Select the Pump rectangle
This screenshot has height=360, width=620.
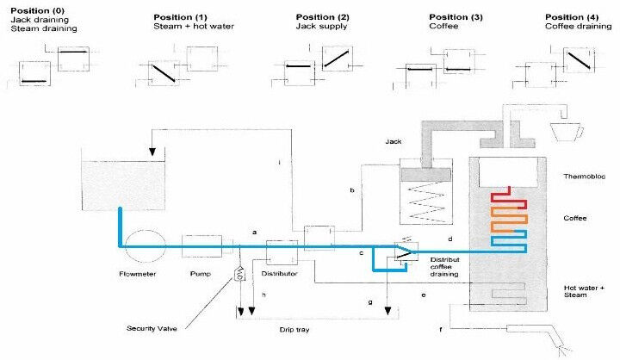(x=201, y=246)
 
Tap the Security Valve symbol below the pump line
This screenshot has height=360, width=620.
(x=239, y=272)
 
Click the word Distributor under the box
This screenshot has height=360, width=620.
(x=279, y=273)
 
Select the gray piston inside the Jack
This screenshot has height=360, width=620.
(x=426, y=174)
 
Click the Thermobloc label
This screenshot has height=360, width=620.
(x=584, y=177)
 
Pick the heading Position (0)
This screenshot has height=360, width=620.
(x=37, y=10)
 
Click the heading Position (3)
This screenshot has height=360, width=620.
(x=456, y=17)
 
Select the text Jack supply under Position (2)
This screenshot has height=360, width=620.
(x=321, y=26)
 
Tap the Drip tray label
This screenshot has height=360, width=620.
(x=294, y=330)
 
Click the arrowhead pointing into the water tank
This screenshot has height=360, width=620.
(x=152, y=152)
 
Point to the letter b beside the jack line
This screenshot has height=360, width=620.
(x=352, y=190)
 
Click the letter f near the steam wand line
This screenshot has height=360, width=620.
(x=441, y=329)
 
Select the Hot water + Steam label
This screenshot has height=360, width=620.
(x=584, y=291)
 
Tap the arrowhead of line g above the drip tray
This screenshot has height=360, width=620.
(x=387, y=311)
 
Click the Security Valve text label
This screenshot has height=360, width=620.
(x=152, y=328)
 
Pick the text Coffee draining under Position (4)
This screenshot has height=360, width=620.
(x=578, y=26)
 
